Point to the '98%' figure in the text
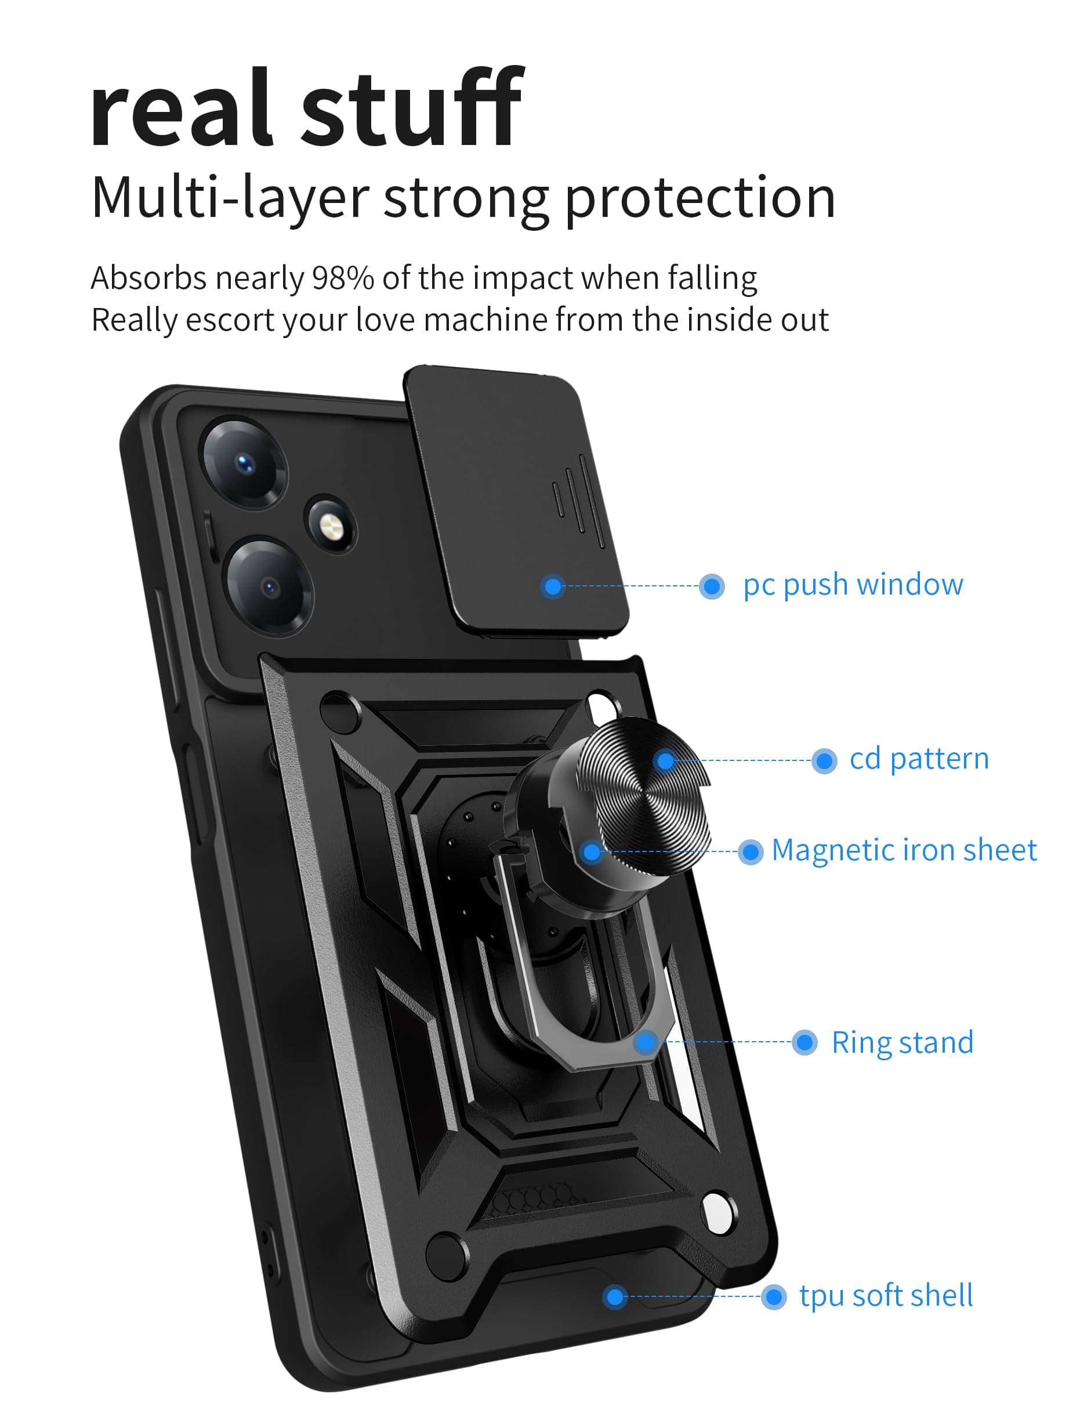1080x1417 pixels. pyautogui.click(x=343, y=278)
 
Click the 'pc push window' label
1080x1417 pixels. pyautogui.click(x=853, y=585)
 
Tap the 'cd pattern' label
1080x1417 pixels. pyautogui.click(x=919, y=759)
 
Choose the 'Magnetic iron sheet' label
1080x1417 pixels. pyautogui.click(x=903, y=850)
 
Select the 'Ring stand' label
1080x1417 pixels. pyautogui.click(x=902, y=1042)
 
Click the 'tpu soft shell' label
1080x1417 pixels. pyautogui.click(x=886, y=1296)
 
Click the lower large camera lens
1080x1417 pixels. pyautogui.click(x=269, y=586)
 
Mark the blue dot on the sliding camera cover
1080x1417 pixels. pyautogui.click(x=552, y=586)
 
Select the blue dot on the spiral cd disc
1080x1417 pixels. pyautogui.click(x=666, y=761)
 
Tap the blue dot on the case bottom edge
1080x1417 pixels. pyautogui.click(x=615, y=1297)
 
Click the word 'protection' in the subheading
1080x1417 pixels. pyautogui.click(x=700, y=197)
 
